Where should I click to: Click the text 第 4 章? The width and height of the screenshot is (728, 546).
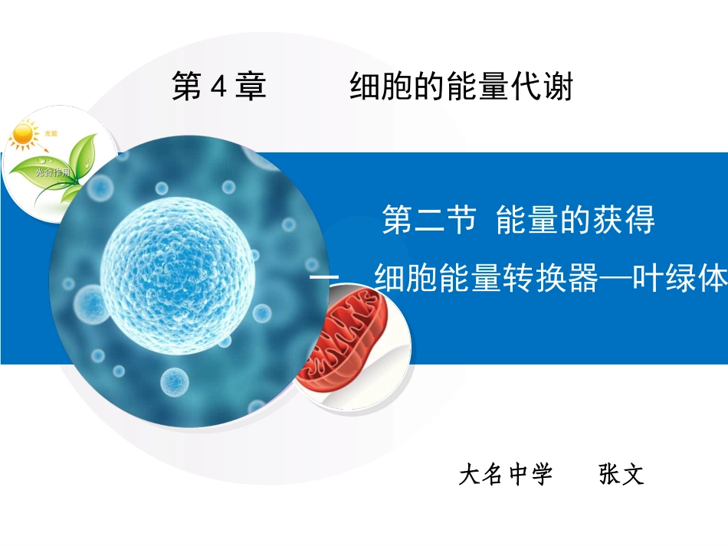[218, 87]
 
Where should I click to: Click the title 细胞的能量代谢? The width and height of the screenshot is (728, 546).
[461, 87]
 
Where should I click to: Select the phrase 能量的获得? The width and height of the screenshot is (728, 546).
[576, 221]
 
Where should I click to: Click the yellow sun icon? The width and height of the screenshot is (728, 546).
[24, 136]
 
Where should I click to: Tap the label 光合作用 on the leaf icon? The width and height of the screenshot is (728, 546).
[52, 173]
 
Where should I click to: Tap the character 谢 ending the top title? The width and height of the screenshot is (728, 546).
[559, 87]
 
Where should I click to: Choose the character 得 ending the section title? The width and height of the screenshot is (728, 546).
[640, 221]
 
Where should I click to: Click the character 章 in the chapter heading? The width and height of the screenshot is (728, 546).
[251, 87]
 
